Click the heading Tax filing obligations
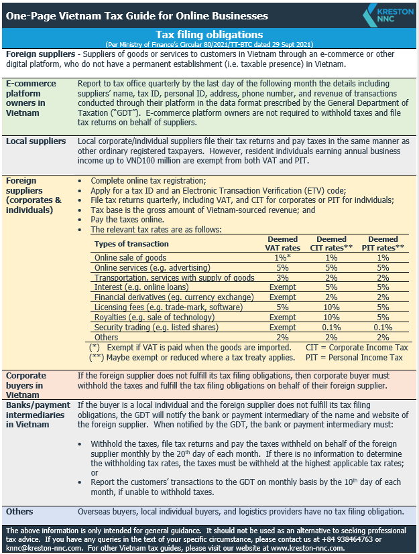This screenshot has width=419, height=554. coord(209,34)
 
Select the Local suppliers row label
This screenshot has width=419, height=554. coord(36,141)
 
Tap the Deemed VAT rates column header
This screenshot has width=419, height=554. coord(282,243)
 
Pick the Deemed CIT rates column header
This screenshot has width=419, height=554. coord(331,243)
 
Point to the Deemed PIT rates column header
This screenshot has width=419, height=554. coord(383,243)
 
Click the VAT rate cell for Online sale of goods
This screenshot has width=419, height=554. coord(282,258)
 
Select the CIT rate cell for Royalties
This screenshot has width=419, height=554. coord(331,318)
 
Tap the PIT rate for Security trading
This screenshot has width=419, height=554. coord(383,328)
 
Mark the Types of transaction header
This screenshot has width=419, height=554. coord(131,244)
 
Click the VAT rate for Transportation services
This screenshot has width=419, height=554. coord(282,277)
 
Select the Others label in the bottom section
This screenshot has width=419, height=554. coord(19,512)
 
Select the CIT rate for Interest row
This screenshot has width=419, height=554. coord(331,287)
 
